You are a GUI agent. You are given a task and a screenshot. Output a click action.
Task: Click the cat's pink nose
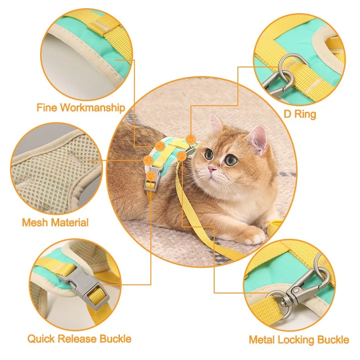(x=212, y=170)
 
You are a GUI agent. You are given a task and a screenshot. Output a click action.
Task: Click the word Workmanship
(x=93, y=108)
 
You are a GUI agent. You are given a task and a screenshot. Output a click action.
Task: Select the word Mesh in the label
(x=35, y=222)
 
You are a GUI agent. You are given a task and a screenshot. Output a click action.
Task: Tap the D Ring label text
(x=300, y=114)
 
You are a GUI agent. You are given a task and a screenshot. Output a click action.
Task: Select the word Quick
(x=41, y=339)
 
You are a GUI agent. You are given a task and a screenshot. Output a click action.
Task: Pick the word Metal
(x=261, y=340)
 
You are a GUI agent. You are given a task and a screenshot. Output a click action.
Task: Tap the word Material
(x=70, y=222)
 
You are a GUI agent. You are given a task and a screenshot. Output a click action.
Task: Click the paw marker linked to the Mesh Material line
(x=148, y=160)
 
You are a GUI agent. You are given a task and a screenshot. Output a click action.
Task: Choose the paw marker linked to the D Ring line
(x=190, y=139)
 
